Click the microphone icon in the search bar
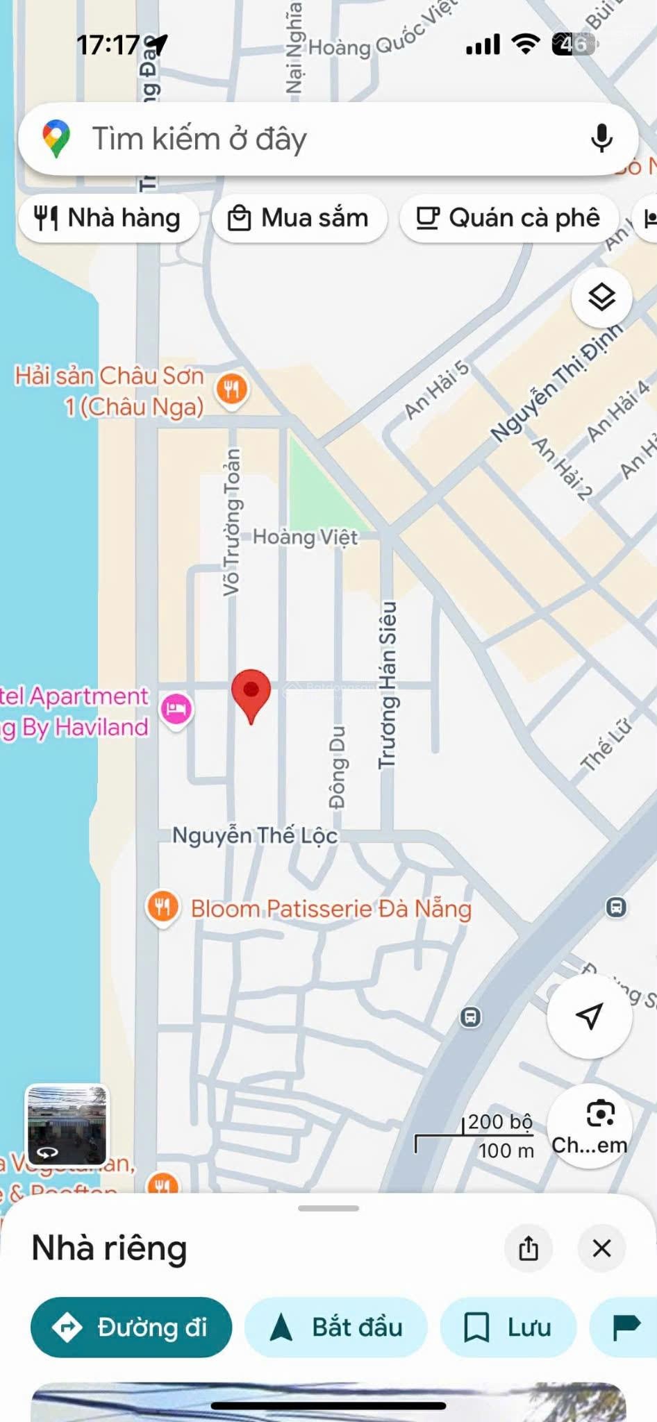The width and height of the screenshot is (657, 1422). (x=601, y=138)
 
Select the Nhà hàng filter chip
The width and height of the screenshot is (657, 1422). (x=108, y=218)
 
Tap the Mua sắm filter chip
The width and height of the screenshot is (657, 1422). (x=299, y=218)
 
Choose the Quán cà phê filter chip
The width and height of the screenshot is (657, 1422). (x=508, y=218)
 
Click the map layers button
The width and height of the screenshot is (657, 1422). (x=601, y=297)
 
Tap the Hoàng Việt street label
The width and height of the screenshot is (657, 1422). (x=305, y=537)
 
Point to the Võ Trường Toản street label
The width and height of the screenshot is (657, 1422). (x=232, y=521)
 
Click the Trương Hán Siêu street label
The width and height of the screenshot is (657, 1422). (x=387, y=685)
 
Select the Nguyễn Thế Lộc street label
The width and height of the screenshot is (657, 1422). (x=255, y=835)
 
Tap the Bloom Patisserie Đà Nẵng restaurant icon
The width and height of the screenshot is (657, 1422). (x=163, y=907)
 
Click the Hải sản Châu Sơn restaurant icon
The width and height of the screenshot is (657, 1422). (x=232, y=389)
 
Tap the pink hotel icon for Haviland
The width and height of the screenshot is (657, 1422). (x=176, y=709)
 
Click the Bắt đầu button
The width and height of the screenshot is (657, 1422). (x=335, y=1327)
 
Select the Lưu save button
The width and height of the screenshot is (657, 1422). (x=508, y=1327)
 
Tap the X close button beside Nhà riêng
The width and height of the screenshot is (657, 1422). (x=601, y=1248)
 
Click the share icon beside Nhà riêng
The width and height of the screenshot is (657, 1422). (x=529, y=1248)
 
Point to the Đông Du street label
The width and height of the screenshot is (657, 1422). (x=338, y=767)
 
